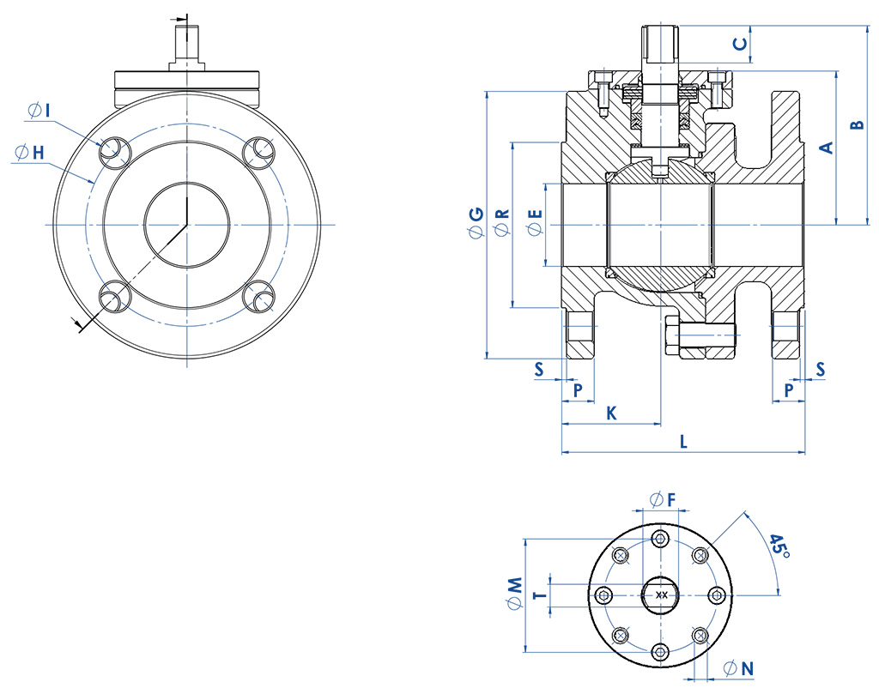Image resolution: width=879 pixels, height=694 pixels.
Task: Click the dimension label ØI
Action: click(39, 111)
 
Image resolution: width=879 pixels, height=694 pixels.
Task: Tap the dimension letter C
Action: click(738, 42)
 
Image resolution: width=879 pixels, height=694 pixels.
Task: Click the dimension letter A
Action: click(826, 148)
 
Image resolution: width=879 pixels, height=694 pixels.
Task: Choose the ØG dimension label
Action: click(476, 223)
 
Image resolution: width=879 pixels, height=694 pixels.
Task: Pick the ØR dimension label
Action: click(502, 224)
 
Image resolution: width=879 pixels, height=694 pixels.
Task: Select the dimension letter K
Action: click(611, 413)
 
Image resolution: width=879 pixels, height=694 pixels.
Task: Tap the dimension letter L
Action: click(683, 443)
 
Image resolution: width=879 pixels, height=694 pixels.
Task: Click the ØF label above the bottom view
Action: click(662, 498)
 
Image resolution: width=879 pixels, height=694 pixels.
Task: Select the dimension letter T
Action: click(540, 594)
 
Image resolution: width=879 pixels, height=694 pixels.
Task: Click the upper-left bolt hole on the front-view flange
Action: click(111, 151)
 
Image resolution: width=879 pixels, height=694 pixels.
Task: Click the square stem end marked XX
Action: click(661, 594)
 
